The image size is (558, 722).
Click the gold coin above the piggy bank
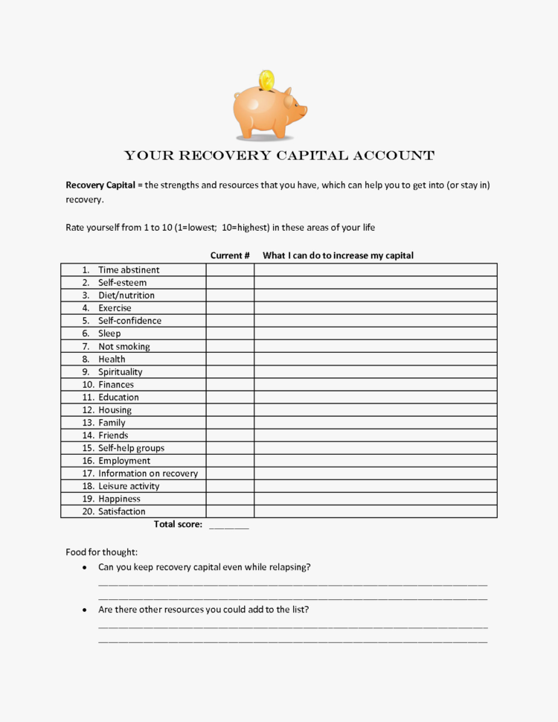[266, 80]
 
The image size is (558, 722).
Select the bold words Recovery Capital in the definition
[100, 185]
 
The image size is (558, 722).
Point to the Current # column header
[230, 255]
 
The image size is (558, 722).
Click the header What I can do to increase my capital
[338, 255]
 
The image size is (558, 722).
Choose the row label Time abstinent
[129, 270]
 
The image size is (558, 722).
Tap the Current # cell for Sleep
[230, 333]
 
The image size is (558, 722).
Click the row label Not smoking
[124, 346]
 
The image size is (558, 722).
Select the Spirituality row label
[120, 372]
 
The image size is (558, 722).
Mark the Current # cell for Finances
[230, 385]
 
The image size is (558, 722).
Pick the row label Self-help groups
[131, 448]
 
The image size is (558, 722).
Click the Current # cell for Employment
[230, 461]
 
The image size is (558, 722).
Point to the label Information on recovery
[147, 473]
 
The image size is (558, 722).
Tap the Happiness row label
[119, 499]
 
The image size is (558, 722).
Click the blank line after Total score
[229, 525]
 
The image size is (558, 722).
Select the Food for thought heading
[101, 552]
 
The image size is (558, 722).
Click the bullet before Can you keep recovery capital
[84, 567]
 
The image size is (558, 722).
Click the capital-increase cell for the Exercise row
[375, 308]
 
